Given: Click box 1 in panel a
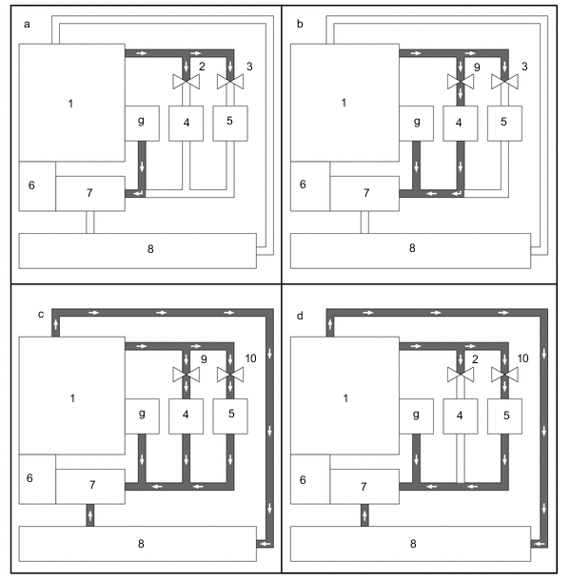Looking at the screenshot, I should [71, 102].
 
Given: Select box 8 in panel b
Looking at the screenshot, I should [411, 249].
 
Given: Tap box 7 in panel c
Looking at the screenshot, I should [89, 485].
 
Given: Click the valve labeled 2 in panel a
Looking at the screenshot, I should [186, 82].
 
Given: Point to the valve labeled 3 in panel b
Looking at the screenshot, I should [503, 82].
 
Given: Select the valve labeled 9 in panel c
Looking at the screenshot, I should [186, 375].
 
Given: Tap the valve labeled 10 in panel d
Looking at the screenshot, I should [503, 375].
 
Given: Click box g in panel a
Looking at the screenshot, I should [142, 123].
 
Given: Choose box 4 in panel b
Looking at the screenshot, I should [460, 123].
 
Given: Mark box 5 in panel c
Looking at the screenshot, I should [229, 416].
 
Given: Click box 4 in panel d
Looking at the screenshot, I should [460, 416].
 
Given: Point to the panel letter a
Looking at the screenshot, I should [28, 25].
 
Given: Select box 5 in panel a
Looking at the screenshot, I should [229, 123].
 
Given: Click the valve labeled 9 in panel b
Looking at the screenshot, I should [460, 82].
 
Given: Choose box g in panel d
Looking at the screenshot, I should [417, 416].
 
